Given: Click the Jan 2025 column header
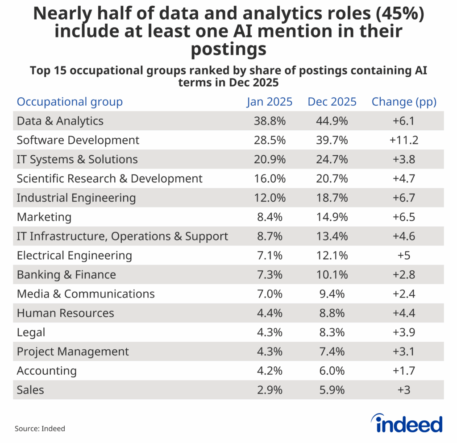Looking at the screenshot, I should (x=270, y=102).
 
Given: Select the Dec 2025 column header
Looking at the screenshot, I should (x=332, y=102).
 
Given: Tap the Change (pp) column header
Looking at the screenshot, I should (x=404, y=102).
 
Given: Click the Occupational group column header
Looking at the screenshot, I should (x=70, y=102).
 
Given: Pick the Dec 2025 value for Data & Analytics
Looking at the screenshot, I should (x=332, y=121).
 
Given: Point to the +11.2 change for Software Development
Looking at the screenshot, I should (x=404, y=140).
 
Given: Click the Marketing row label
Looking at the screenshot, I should (x=44, y=217).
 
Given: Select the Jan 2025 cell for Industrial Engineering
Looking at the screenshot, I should (x=270, y=198).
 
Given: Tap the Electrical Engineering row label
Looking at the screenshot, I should (x=75, y=256).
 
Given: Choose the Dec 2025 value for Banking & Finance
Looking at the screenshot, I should (x=332, y=275).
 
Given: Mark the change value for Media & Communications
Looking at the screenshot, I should (x=404, y=294).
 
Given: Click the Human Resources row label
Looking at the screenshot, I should (x=66, y=313).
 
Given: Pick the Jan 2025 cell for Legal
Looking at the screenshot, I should (x=270, y=332).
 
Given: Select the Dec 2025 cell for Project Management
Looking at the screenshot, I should (x=332, y=352).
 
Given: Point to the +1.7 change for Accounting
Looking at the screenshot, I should (x=404, y=371).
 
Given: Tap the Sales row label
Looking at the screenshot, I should (x=30, y=390).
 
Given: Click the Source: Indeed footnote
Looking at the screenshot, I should (x=40, y=429).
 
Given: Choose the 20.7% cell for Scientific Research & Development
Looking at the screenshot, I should (x=332, y=178).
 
